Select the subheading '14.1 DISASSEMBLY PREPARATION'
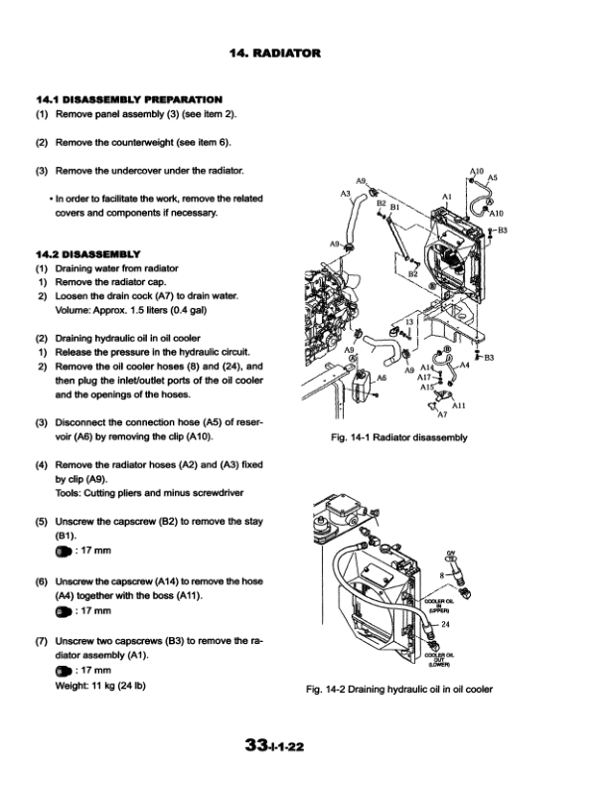tap(128, 99)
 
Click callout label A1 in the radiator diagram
tap(447, 197)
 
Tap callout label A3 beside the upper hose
tap(346, 191)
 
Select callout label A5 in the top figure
tap(493, 178)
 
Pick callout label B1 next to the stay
tap(394, 209)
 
